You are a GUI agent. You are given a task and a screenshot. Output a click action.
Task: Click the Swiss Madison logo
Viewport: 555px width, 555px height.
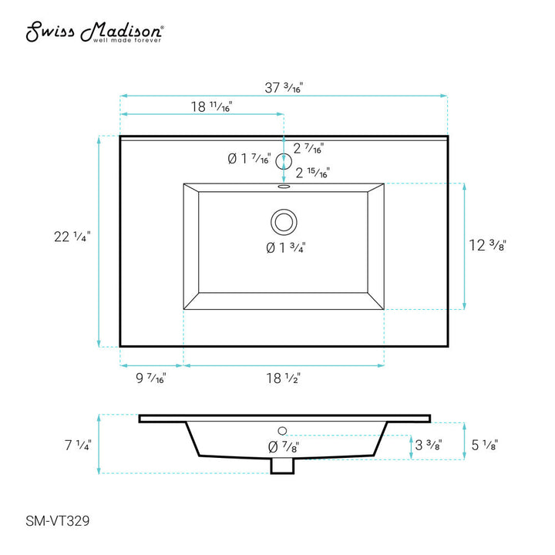pyautogui.click(x=95, y=32)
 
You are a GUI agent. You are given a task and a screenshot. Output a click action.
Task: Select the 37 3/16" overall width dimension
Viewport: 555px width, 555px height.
pyautogui.click(x=284, y=88)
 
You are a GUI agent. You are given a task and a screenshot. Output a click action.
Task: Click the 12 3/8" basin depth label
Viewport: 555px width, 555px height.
pyautogui.click(x=487, y=246)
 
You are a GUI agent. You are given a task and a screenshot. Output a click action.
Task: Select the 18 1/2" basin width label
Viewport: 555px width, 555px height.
pyautogui.click(x=283, y=378)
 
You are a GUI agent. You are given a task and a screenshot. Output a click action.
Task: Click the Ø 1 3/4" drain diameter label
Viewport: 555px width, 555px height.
pyautogui.click(x=284, y=248)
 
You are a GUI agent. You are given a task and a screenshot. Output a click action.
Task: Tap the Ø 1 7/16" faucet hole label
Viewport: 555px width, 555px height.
pyautogui.click(x=249, y=160)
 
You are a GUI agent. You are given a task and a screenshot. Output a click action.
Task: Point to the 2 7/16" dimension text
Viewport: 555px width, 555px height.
pyautogui.click(x=308, y=148)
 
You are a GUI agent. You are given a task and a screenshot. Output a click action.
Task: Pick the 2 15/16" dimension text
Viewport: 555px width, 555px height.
pyautogui.click(x=312, y=173)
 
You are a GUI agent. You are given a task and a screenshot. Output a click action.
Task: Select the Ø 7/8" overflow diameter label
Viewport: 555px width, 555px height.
pyautogui.click(x=283, y=446)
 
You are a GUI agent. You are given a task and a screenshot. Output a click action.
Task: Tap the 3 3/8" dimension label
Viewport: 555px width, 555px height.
pyautogui.click(x=429, y=446)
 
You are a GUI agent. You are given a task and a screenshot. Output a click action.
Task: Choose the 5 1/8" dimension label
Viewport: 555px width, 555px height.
pyautogui.click(x=484, y=445)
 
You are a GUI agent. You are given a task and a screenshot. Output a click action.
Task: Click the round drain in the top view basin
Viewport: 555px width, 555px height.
pyautogui.click(x=283, y=222)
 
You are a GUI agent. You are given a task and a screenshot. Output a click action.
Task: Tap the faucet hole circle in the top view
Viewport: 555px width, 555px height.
pyautogui.click(x=284, y=160)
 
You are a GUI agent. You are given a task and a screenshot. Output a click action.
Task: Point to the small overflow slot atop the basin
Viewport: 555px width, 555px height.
pyautogui.click(x=283, y=186)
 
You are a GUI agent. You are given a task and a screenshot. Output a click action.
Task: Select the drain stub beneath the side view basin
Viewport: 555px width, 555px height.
pyautogui.click(x=283, y=466)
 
